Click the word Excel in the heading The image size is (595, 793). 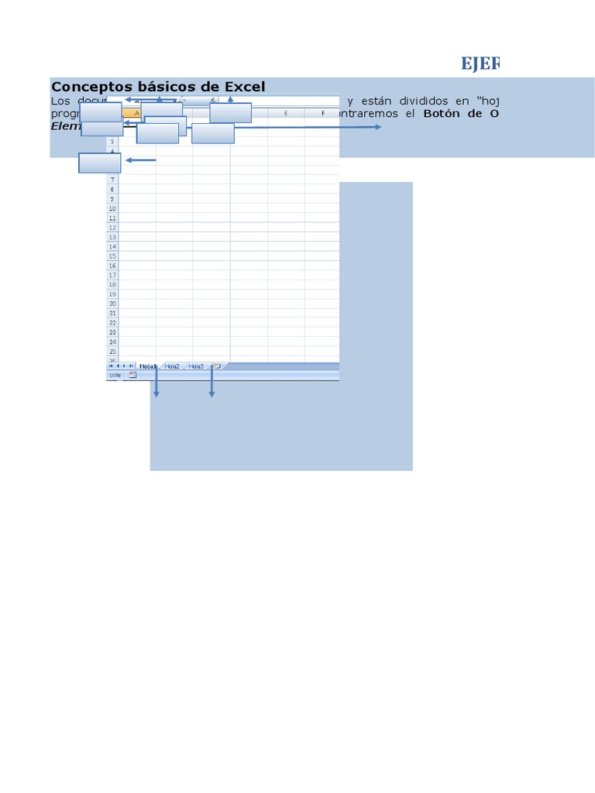(244, 87)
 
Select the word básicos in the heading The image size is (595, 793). (160, 87)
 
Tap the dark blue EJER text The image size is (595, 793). (480, 64)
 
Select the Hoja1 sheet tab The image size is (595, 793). (147, 366)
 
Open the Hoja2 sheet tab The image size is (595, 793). (172, 366)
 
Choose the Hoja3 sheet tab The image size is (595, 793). (196, 366)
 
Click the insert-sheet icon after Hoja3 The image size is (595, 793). (217, 366)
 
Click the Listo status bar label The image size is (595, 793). (115, 375)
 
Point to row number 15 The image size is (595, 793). (112, 256)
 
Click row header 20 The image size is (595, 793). (112, 304)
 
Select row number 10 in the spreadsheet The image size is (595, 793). (112, 208)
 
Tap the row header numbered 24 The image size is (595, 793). (112, 342)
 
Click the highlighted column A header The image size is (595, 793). (136, 114)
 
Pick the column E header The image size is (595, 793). (286, 114)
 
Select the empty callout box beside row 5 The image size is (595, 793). (99, 163)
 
